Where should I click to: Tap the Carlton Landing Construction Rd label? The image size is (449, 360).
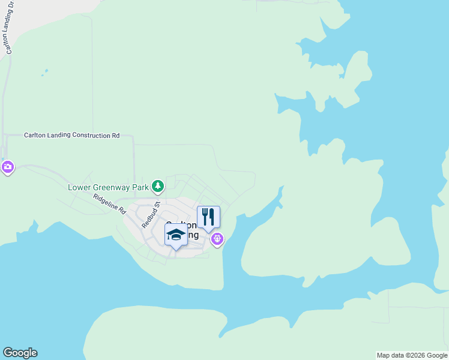[71, 136]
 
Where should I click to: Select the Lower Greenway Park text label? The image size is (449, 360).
[108, 187]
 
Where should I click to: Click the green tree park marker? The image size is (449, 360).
[157, 187]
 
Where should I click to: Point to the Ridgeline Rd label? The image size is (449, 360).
[109, 205]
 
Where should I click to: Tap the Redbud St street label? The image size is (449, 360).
[150, 215]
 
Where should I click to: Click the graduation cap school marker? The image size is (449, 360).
[176, 235]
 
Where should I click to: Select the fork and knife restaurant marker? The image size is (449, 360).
[208, 217]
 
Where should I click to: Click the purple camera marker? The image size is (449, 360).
[7, 167]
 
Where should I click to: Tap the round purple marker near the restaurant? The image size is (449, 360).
[217, 239]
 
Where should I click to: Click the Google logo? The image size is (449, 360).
[20, 353]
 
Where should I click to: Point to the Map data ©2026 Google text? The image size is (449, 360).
[412, 355]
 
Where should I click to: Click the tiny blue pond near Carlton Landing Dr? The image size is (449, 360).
[44, 74]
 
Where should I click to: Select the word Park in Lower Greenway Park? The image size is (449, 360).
[140, 187]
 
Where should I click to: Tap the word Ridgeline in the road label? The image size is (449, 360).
[104, 202]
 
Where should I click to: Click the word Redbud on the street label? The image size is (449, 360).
[148, 218]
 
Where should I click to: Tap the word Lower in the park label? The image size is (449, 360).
[79, 187]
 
